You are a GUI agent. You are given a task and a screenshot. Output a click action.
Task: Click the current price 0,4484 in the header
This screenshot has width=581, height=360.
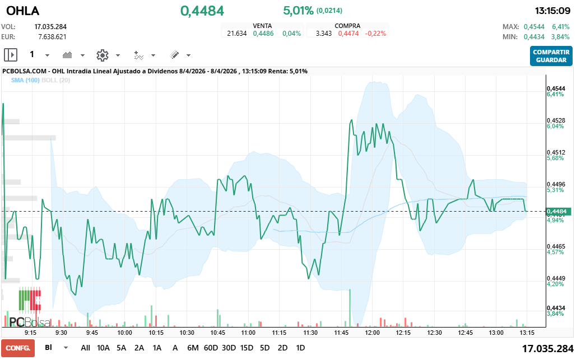(202, 11)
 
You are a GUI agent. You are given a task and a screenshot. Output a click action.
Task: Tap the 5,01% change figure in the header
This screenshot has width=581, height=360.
(298, 11)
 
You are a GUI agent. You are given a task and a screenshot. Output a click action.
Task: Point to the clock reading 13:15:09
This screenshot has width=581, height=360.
(552, 11)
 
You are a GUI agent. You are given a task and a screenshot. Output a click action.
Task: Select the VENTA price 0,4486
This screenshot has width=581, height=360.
(263, 34)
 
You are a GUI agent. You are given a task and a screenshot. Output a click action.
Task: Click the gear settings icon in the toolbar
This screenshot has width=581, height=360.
(102, 55)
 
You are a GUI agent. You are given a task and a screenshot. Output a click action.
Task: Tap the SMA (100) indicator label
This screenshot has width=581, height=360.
(25, 81)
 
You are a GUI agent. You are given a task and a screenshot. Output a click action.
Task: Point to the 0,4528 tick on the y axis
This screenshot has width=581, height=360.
(556, 120)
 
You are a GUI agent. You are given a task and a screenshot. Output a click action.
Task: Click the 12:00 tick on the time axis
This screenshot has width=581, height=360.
(371, 333)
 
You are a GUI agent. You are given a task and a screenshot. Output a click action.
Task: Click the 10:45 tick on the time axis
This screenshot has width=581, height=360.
(217, 333)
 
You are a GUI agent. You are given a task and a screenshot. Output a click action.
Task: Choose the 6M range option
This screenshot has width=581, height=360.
(193, 348)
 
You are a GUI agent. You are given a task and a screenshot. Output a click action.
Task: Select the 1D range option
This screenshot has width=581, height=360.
(300, 348)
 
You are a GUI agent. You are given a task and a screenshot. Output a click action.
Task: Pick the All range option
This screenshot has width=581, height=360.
(85, 348)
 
